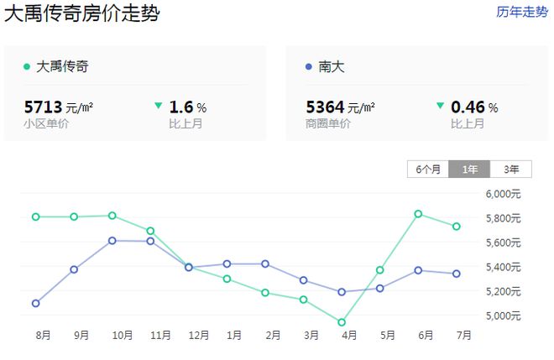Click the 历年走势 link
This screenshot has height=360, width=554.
pos(521,13)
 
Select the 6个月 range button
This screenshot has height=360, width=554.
pos(428,169)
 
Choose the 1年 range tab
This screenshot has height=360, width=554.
pos(469,169)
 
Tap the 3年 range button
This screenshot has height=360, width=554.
pos(511,169)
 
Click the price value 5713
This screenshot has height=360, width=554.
pos(43,107)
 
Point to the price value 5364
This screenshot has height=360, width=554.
pos(326,107)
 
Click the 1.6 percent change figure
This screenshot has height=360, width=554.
pos(182,107)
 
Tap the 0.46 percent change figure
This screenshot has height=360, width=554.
pos(468,107)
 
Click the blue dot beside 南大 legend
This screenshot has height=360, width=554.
pos(310,66)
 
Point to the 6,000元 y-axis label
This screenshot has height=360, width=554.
pos(504,194)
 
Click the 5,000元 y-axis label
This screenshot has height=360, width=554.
pos(504,316)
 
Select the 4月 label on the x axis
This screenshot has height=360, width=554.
pos(349,336)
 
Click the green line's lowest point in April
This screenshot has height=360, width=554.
pos(341,322)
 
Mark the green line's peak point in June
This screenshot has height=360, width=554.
pos(418,214)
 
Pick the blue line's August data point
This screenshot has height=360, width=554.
pos(35,303)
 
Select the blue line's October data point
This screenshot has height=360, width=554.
pos(112,241)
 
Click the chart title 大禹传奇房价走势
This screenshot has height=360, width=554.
pos(82,13)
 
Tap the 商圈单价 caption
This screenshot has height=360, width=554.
pos(329,124)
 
